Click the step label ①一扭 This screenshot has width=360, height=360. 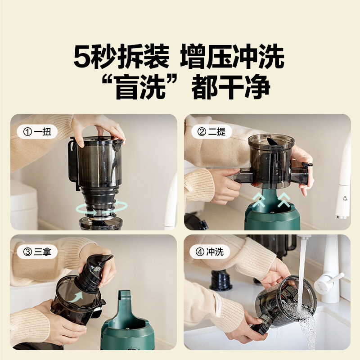click(x=37, y=132)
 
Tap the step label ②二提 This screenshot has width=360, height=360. click(x=211, y=132)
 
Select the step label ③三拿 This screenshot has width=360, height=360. click(x=37, y=252)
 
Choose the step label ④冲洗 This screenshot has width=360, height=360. click(x=210, y=252)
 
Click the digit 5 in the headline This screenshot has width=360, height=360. click(x=81, y=57)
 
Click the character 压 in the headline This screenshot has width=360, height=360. click(x=219, y=57)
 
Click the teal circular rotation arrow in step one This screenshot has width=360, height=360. click(x=102, y=208)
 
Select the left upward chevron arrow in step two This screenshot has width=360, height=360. click(x=258, y=200)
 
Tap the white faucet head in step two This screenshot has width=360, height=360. click(x=343, y=202)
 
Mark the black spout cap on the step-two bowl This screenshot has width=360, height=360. click(x=307, y=164)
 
